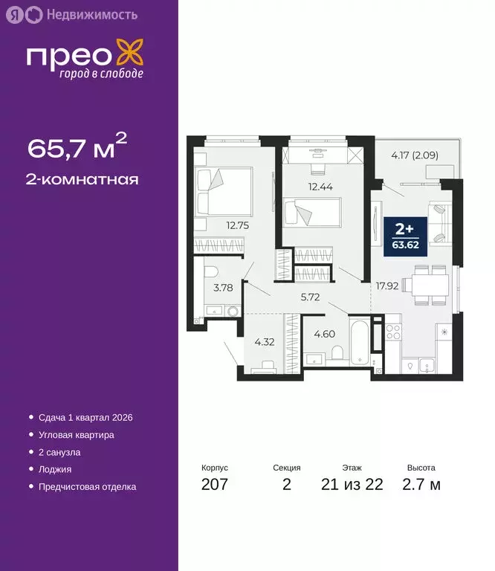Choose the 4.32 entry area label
pos(265,343)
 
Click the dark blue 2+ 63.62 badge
pos(406,236)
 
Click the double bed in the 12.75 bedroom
pos(223,190)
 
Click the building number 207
pos(214,485)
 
